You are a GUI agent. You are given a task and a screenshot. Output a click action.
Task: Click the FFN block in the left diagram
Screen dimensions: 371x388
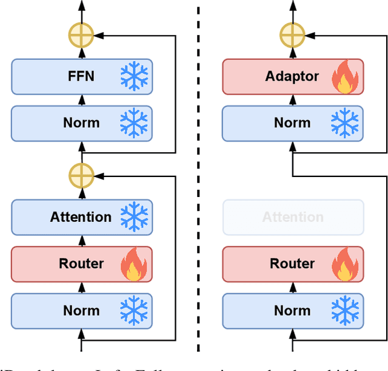[81, 76]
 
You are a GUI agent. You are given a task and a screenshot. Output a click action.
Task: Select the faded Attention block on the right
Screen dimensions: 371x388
[293, 217]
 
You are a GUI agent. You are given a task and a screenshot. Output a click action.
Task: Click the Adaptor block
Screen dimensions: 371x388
[292, 76]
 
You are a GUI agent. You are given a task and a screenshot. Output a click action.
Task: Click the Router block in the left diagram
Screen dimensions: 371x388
[81, 264]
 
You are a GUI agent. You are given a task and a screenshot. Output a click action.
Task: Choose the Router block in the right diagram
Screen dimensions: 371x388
[292, 264]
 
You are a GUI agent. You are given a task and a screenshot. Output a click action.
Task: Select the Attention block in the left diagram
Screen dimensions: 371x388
[81, 217]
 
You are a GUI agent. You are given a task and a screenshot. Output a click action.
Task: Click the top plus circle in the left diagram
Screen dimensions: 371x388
[81, 36]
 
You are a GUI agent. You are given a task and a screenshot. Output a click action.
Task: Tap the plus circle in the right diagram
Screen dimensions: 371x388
[292, 36]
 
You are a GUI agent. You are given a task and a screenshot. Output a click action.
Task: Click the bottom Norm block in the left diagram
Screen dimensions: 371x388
[81, 310]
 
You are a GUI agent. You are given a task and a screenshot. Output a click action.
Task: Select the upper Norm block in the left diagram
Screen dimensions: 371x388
[81, 123]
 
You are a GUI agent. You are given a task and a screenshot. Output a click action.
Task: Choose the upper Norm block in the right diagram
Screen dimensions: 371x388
[292, 123]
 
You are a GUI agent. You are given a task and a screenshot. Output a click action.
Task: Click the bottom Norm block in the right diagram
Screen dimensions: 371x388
[292, 310]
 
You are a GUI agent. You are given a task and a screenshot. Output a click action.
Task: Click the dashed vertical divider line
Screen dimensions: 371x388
[198, 182]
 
